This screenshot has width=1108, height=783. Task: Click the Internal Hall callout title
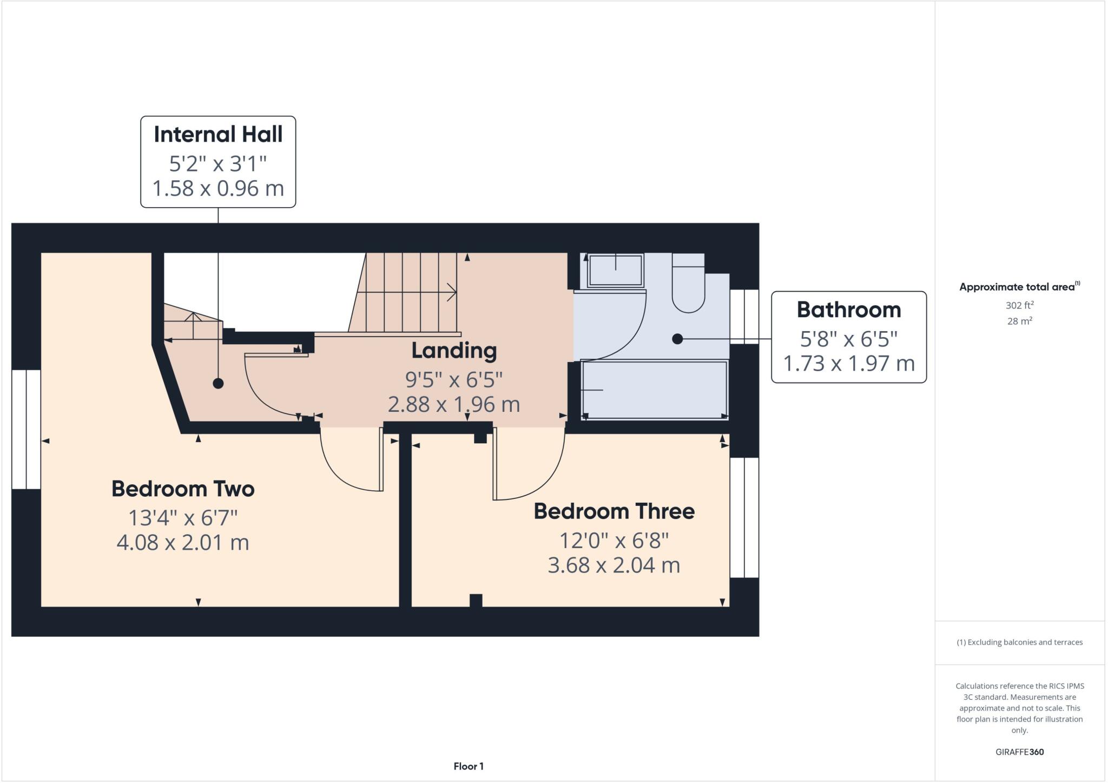click(x=218, y=134)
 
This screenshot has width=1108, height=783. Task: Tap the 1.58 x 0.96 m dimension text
click(x=218, y=188)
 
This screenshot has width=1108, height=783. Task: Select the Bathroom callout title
click(x=848, y=310)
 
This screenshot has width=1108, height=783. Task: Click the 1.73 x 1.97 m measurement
click(x=848, y=363)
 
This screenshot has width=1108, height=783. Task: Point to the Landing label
click(x=454, y=350)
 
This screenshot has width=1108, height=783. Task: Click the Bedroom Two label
click(x=183, y=489)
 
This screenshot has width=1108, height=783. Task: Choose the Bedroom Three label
click(x=614, y=511)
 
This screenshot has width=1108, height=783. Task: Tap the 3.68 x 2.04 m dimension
click(x=614, y=565)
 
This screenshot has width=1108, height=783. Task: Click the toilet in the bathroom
click(x=688, y=287)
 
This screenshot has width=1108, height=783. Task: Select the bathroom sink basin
click(x=615, y=269)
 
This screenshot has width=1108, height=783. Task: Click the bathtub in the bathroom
click(x=654, y=390)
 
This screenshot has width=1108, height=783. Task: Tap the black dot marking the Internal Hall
click(x=218, y=383)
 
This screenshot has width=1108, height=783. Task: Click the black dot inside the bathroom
click(x=677, y=339)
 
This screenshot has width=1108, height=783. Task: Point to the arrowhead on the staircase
click(x=451, y=292)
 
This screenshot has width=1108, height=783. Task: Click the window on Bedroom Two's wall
click(x=26, y=429)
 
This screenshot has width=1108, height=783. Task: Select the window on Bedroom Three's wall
click(x=744, y=517)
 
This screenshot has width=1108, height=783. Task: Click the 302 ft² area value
click(x=1019, y=305)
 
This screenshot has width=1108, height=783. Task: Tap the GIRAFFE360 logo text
click(x=1019, y=752)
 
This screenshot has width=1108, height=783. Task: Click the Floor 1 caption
click(x=469, y=766)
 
